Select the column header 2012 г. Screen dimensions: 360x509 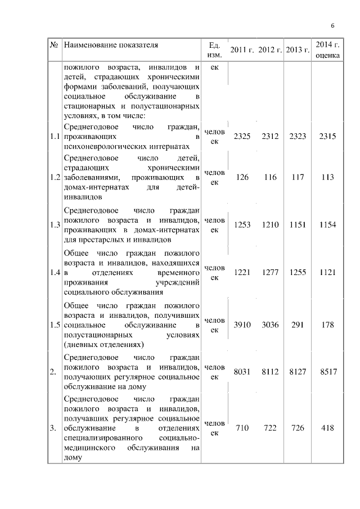270,49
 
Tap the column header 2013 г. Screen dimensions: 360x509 298,49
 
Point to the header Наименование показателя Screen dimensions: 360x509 111,44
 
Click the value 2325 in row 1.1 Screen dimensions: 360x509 242,137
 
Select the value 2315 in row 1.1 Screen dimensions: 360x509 326,137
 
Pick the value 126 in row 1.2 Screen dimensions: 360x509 242,177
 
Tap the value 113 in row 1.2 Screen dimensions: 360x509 326,177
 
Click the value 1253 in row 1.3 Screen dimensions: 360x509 242,225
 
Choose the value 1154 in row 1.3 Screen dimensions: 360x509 326,225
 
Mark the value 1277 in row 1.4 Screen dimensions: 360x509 270,272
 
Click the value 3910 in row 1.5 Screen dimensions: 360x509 242,325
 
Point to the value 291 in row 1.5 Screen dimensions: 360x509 298,325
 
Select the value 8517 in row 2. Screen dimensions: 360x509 326,371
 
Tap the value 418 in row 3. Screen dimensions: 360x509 326,428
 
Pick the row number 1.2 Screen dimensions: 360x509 55,177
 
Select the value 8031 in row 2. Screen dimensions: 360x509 242,371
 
